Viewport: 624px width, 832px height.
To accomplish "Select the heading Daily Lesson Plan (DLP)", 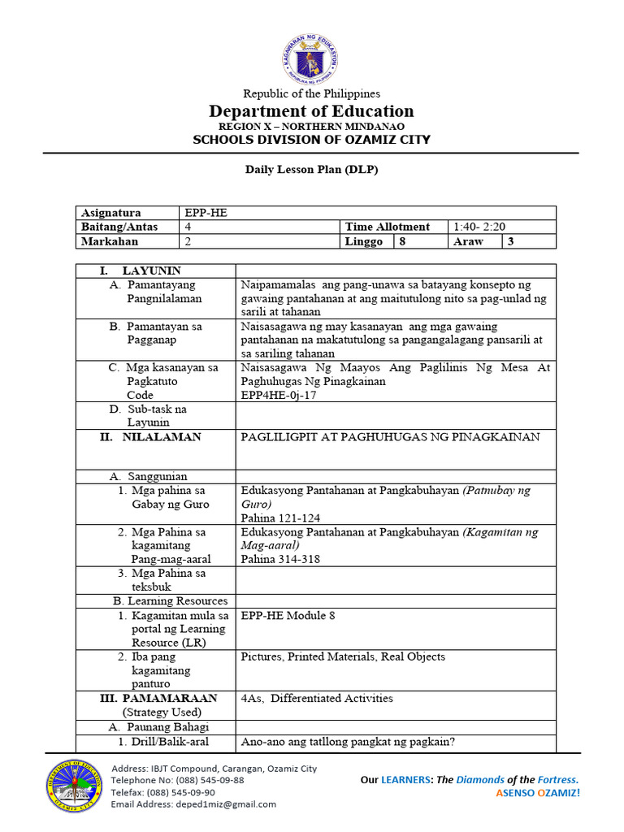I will [312, 170].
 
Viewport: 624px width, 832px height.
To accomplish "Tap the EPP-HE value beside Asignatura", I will [206, 213].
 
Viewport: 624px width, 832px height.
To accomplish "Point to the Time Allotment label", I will [388, 227].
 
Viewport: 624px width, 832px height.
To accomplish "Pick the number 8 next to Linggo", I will [402, 241].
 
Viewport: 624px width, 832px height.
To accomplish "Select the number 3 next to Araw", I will [510, 241].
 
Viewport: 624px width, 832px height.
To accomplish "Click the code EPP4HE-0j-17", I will [279, 395].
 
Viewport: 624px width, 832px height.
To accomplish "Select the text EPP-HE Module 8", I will [288, 615].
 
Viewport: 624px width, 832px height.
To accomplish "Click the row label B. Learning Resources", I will [170, 601].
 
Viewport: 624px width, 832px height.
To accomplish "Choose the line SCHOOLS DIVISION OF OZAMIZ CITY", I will [311, 140].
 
